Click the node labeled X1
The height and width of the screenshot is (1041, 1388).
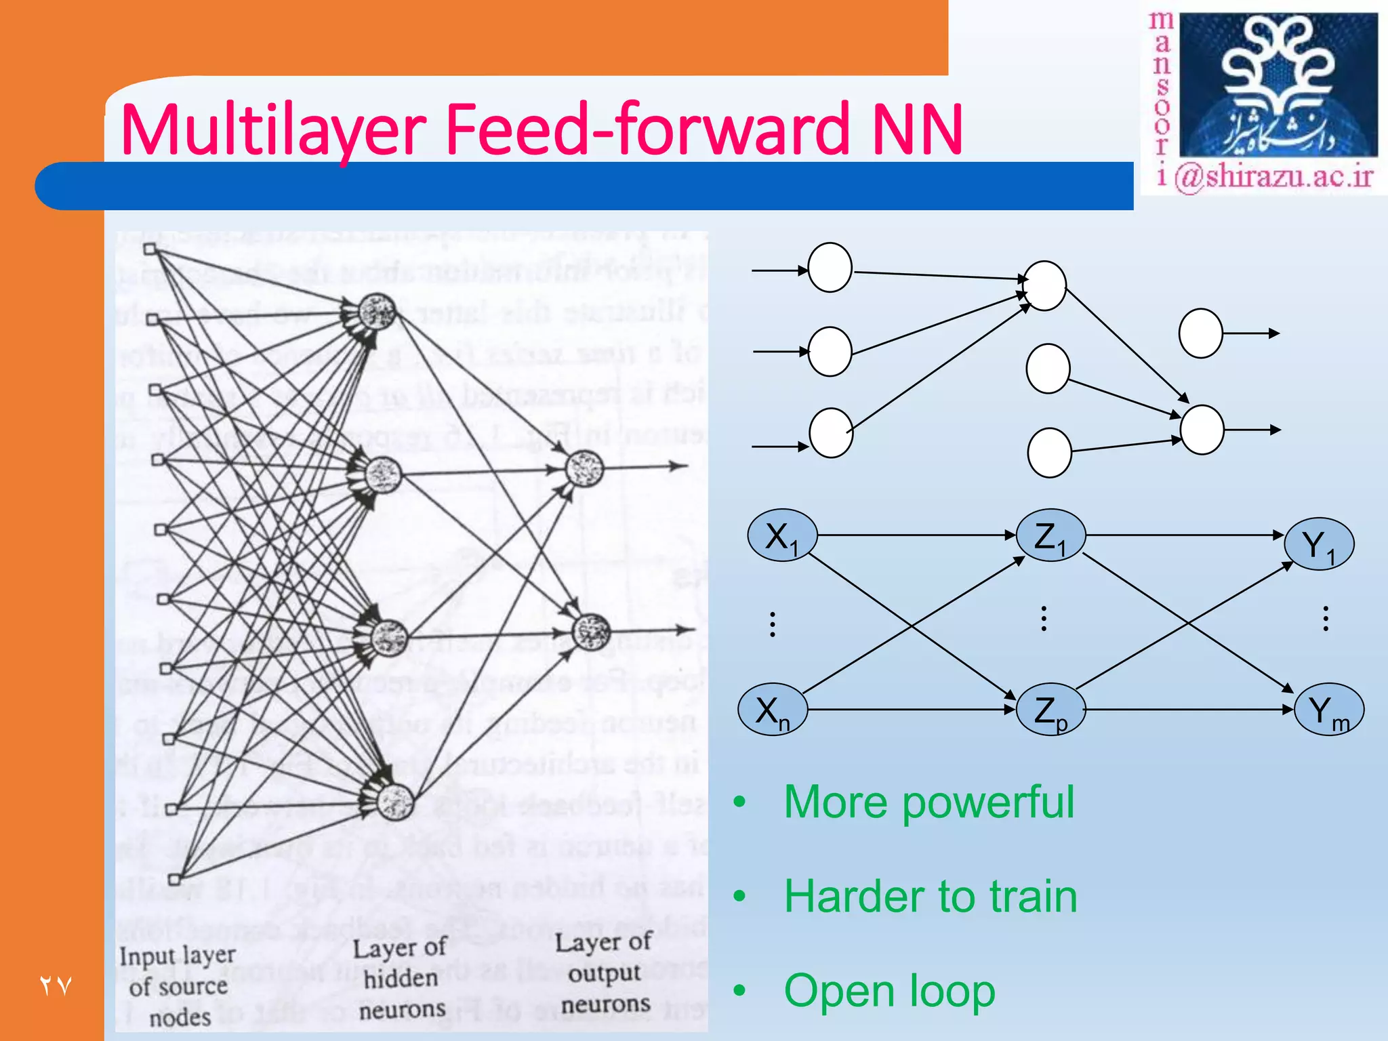click(781, 535)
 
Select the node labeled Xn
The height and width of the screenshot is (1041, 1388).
click(772, 710)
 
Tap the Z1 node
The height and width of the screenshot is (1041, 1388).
click(1050, 535)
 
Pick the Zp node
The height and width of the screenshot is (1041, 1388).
click(1050, 710)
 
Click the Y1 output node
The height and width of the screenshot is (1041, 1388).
click(1319, 544)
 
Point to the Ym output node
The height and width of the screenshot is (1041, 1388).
click(1328, 710)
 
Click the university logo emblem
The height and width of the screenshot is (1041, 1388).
click(1278, 85)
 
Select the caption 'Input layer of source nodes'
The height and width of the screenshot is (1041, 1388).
click(178, 987)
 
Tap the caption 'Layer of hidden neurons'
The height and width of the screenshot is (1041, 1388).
click(401, 979)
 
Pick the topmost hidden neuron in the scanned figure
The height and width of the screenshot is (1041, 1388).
click(377, 312)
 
